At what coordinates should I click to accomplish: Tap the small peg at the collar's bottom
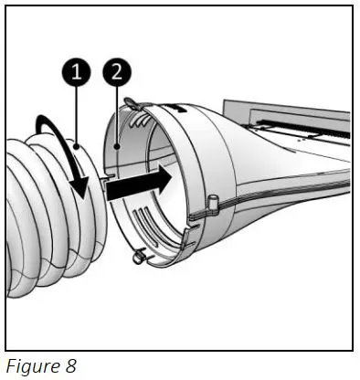(138, 258)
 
